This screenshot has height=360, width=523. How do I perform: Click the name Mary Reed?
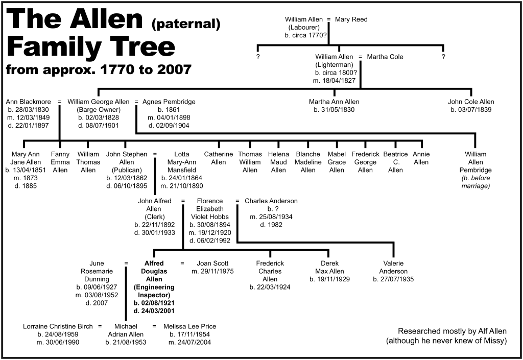pyautogui.click(x=351, y=19)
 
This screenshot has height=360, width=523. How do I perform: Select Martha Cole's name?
pyautogui.click(x=385, y=57)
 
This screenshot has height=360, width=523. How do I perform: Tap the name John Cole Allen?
pyautogui.click(x=471, y=102)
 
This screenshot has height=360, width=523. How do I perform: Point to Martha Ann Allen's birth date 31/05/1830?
pyautogui.click(x=334, y=110)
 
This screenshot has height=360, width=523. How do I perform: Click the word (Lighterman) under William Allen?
pyautogui.click(x=334, y=65)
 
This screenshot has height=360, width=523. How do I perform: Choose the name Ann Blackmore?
pyautogui.click(x=29, y=102)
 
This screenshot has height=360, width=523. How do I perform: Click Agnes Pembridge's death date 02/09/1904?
pyautogui.click(x=169, y=126)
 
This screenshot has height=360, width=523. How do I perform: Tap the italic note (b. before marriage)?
pyautogui.click(x=476, y=182)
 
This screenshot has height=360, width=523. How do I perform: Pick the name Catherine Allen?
pyautogui.click(x=219, y=158)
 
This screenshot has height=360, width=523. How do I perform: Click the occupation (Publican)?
pyautogui.click(x=127, y=170)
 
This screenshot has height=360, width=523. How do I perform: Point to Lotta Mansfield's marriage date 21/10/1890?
pyautogui.click(x=182, y=186)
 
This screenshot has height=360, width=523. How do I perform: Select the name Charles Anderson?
pyautogui.click(x=271, y=201)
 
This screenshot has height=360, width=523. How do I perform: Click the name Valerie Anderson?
pyautogui.click(x=394, y=268)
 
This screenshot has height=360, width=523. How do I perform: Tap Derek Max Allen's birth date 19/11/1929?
pyautogui.click(x=329, y=279)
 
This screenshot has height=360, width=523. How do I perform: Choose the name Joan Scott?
pyautogui.click(x=213, y=263)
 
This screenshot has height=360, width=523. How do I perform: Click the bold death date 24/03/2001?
pyautogui.click(x=154, y=311)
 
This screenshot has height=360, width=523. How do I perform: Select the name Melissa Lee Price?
pyautogui.click(x=190, y=326)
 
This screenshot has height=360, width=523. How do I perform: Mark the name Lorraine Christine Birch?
pyautogui.click(x=58, y=326)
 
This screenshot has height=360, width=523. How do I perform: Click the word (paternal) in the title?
pyautogui.click(x=186, y=23)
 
